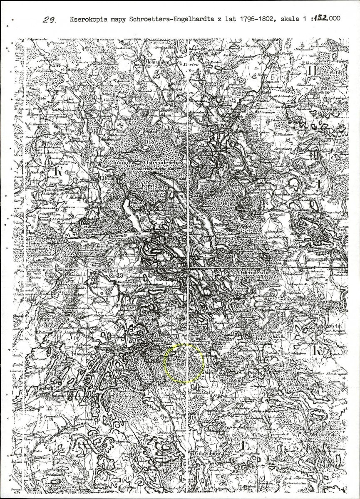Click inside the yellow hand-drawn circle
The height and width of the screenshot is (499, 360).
[184, 363]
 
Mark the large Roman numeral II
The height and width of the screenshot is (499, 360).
[313, 71]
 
